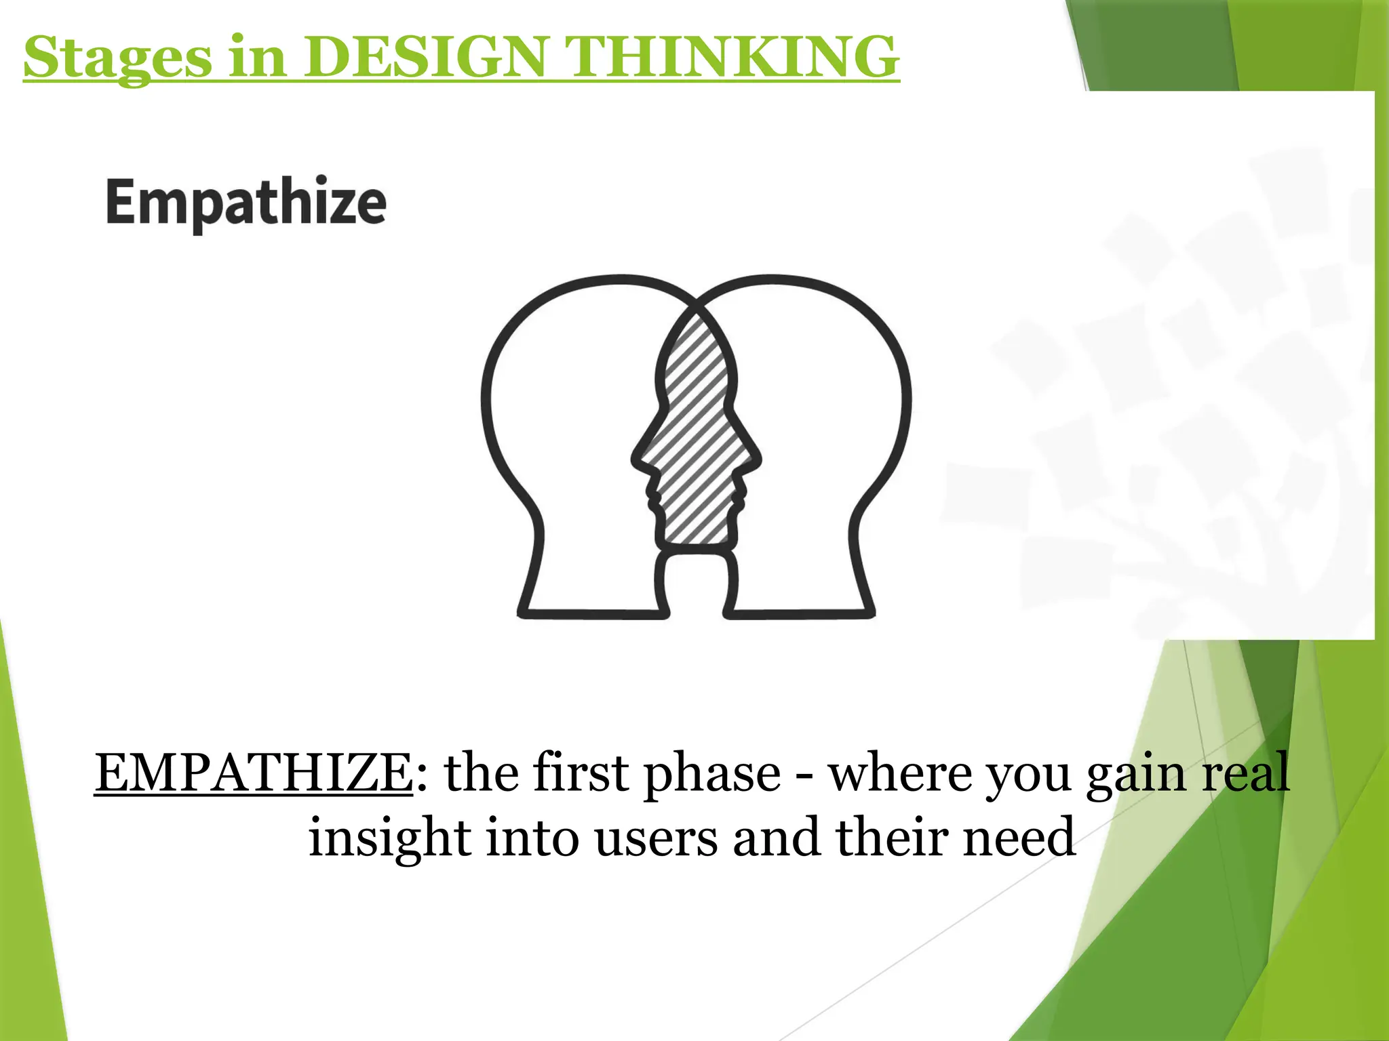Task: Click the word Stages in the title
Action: pos(117,58)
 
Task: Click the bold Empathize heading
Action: pos(246,203)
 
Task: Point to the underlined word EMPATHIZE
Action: pos(254,773)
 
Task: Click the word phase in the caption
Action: pos(711,774)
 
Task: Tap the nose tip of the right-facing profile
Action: pos(758,460)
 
